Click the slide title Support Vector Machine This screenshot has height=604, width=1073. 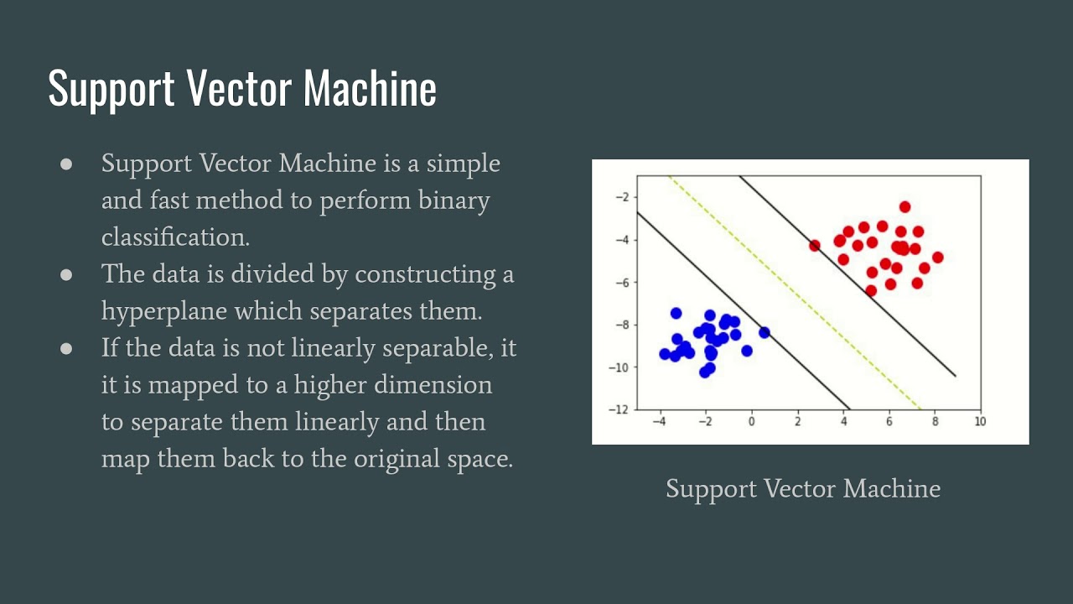(242, 87)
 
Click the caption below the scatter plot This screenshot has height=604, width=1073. (802, 488)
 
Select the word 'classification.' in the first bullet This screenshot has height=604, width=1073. (175, 237)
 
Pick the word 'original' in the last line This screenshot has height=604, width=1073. (405, 459)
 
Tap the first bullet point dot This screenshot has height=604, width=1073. (67, 164)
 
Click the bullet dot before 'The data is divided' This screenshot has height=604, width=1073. (67, 275)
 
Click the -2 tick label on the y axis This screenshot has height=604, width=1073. (622, 197)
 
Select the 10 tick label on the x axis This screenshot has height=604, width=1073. (980, 421)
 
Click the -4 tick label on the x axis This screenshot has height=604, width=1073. (660, 421)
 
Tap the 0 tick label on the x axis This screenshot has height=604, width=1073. (752, 421)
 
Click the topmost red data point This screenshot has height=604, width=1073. (905, 206)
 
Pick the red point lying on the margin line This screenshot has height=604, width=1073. (814, 245)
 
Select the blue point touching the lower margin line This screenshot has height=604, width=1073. (764, 332)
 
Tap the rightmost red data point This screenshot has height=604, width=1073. (937, 258)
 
